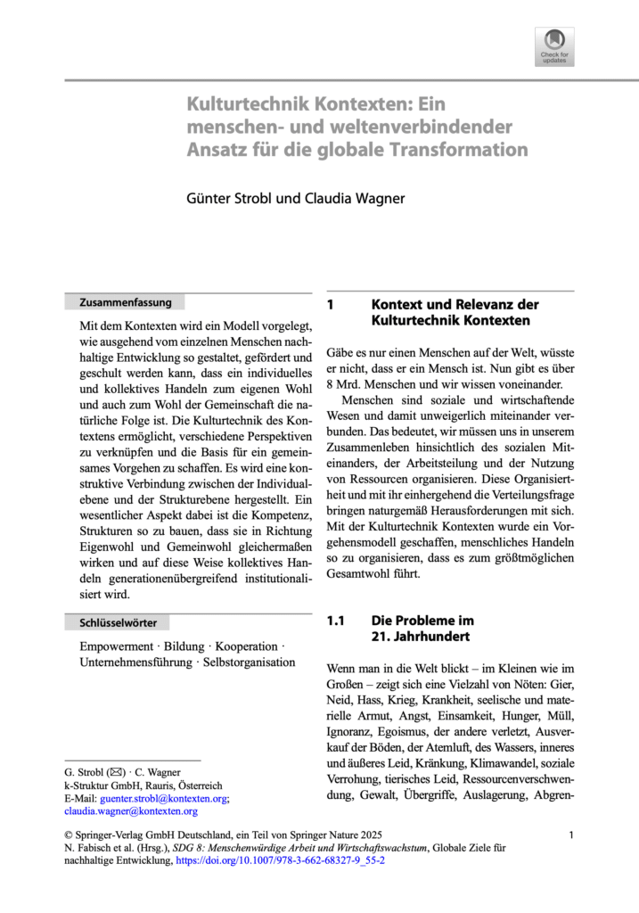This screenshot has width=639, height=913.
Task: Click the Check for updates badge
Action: [x=554, y=46]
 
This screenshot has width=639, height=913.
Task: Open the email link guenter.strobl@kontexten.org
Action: [x=164, y=799]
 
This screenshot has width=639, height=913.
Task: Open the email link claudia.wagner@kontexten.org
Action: [x=131, y=812]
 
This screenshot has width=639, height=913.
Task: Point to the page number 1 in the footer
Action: [x=570, y=835]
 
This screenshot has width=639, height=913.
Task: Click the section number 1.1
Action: [x=335, y=621]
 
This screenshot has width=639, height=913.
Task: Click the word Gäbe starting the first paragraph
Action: [x=343, y=354]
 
